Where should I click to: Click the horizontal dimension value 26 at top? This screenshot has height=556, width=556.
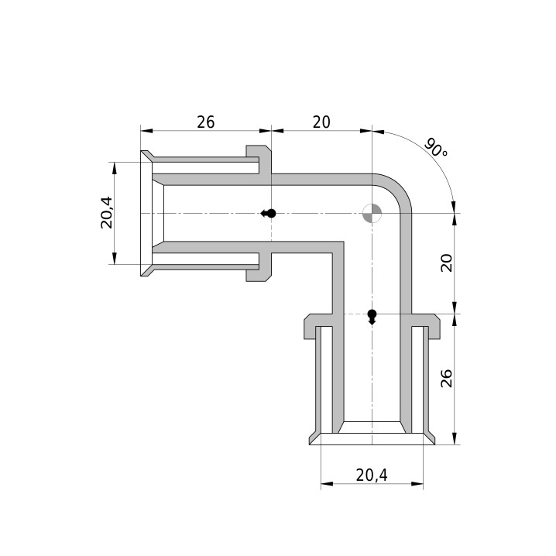coord(206,122)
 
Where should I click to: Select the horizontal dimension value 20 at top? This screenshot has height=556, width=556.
coord(321,122)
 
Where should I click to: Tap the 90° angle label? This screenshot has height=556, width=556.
coord(436,147)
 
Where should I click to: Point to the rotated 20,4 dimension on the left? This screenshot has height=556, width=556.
coord(107,213)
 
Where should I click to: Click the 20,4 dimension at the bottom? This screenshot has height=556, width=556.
coord(372,475)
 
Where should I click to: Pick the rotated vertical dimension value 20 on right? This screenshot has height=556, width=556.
coord(447,263)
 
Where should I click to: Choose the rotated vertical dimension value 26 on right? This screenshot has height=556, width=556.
coord(447,379)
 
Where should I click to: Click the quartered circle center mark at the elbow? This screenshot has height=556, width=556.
coord(372,214)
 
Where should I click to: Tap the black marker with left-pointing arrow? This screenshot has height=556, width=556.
coord(269,214)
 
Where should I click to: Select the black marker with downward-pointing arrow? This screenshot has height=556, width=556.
coord(372,317)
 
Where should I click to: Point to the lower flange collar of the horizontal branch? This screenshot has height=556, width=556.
coord(259,266)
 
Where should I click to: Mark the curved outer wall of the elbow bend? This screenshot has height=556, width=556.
coord(399,187)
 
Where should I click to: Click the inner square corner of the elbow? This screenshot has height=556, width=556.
coord(343,242)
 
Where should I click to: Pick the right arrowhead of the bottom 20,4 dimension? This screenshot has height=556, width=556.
coord(417,484)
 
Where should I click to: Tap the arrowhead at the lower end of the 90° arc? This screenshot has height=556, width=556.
coord(453,208)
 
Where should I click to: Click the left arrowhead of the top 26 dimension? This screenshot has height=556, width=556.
coord(146,131)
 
